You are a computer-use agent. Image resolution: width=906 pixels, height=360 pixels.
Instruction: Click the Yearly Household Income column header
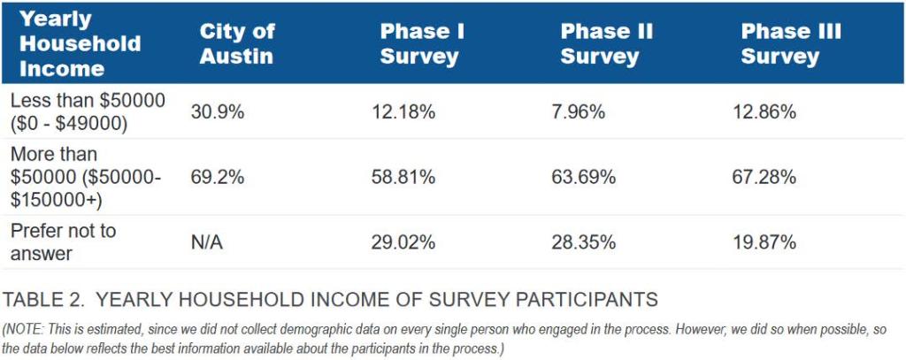pyautogui.click(x=80, y=43)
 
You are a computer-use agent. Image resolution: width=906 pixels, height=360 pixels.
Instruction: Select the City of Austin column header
pyautogui.click(x=236, y=43)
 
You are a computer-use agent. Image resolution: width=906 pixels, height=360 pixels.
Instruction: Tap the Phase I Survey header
pyautogui.click(x=421, y=43)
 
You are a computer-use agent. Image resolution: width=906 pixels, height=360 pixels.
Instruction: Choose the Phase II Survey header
pyautogui.click(x=606, y=43)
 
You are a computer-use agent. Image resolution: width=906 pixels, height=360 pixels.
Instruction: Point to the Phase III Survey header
pyautogui.click(x=790, y=43)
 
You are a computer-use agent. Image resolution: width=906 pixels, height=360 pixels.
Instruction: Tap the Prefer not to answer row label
pyautogui.click(x=63, y=241)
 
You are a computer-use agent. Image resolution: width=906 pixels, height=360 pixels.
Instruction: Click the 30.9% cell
pyautogui.click(x=217, y=112)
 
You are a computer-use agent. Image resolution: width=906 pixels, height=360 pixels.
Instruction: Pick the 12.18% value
pyautogui.click(x=403, y=112)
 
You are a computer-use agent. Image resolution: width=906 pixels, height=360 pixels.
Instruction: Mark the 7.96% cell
pyautogui.click(x=584, y=112)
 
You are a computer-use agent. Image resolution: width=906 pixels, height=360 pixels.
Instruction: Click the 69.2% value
pyautogui.click(x=217, y=177)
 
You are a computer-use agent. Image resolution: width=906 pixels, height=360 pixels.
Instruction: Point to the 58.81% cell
pyautogui.click(x=403, y=177)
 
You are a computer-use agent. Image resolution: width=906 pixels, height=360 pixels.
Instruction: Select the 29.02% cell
pyautogui.click(x=403, y=241)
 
